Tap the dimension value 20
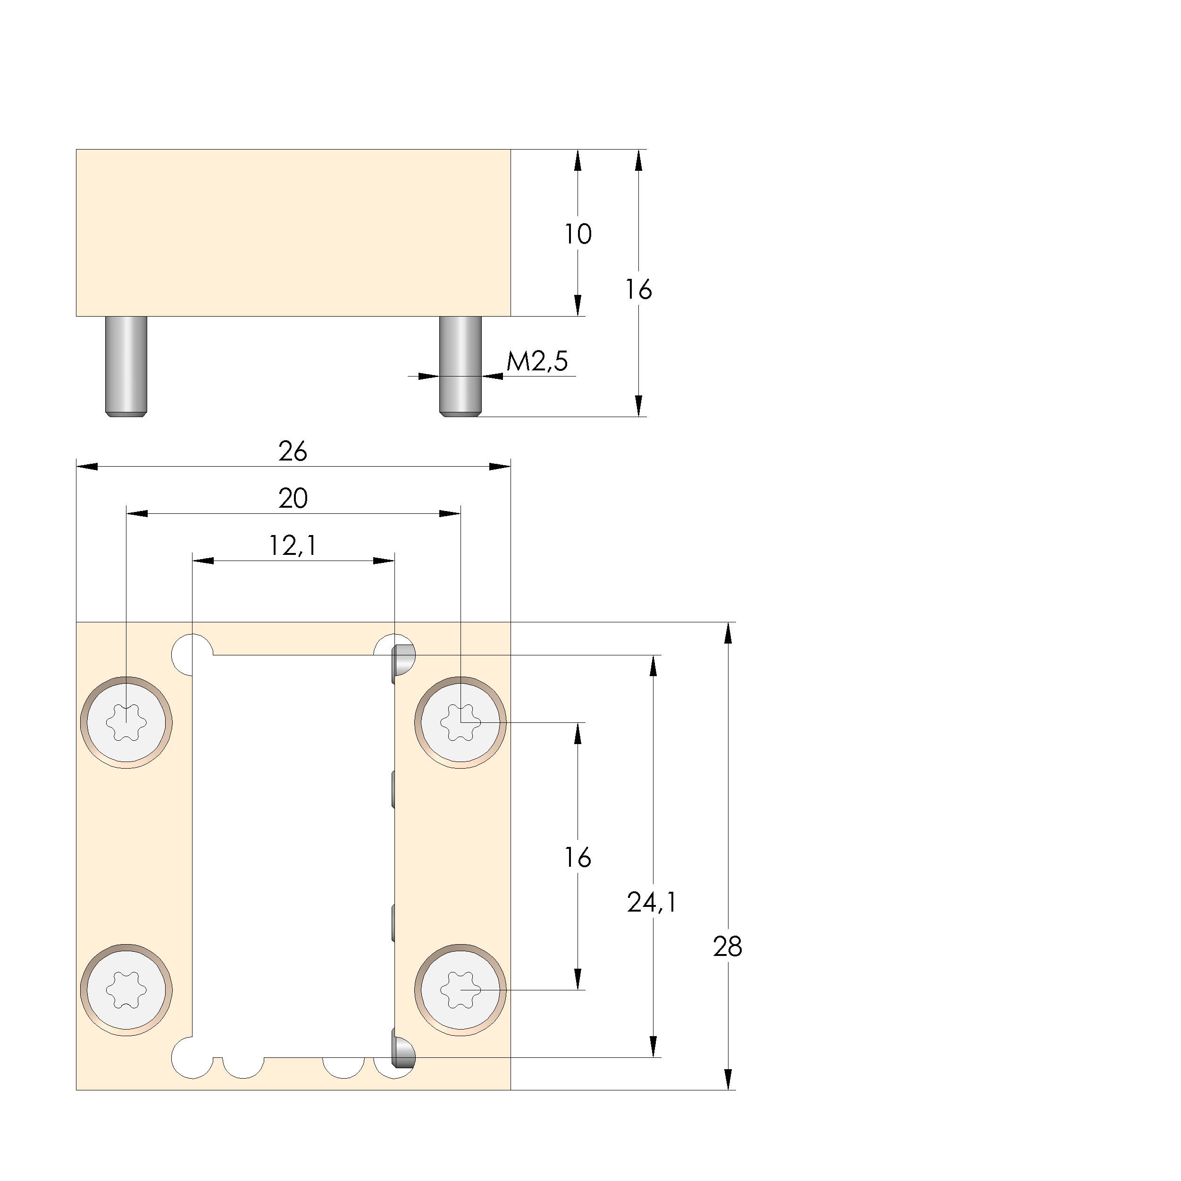[293, 499]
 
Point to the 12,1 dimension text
[293, 546]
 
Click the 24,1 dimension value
[652, 902]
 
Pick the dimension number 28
[728, 947]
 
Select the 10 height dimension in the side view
[578, 234]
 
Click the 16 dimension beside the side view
[638, 290]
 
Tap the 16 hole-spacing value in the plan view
[578, 858]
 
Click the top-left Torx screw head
[126, 722]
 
